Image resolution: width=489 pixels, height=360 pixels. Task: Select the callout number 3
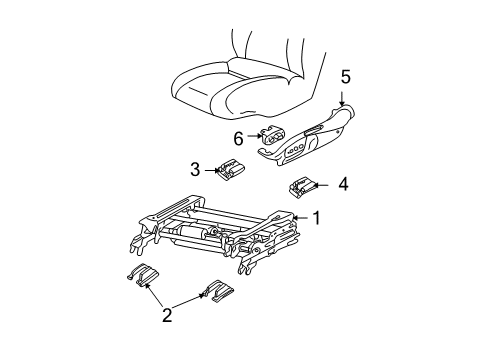197,168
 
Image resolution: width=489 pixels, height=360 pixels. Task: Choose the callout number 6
239,136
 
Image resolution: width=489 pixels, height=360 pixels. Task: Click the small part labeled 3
232,170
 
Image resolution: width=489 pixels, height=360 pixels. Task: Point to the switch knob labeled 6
273,138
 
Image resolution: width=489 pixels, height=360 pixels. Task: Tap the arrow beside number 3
212,169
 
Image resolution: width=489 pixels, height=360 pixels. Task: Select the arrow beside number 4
326,184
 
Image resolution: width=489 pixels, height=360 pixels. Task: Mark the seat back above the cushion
270,45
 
